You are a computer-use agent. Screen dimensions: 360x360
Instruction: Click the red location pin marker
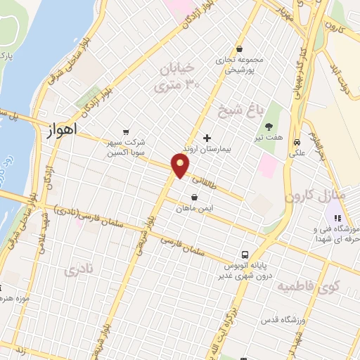(x=181, y=166)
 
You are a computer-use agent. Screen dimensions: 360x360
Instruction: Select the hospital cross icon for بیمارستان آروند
(x=206, y=138)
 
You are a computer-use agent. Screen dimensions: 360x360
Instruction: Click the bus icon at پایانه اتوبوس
(x=245, y=254)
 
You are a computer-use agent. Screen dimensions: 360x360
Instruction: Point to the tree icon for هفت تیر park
(x=269, y=127)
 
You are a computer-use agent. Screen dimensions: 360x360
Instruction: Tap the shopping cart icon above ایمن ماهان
(x=194, y=197)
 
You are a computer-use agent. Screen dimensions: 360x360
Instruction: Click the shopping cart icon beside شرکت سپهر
(x=126, y=131)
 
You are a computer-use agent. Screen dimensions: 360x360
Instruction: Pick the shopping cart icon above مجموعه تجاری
(x=240, y=49)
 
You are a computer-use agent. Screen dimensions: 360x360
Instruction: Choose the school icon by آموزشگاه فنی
(x=337, y=218)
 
